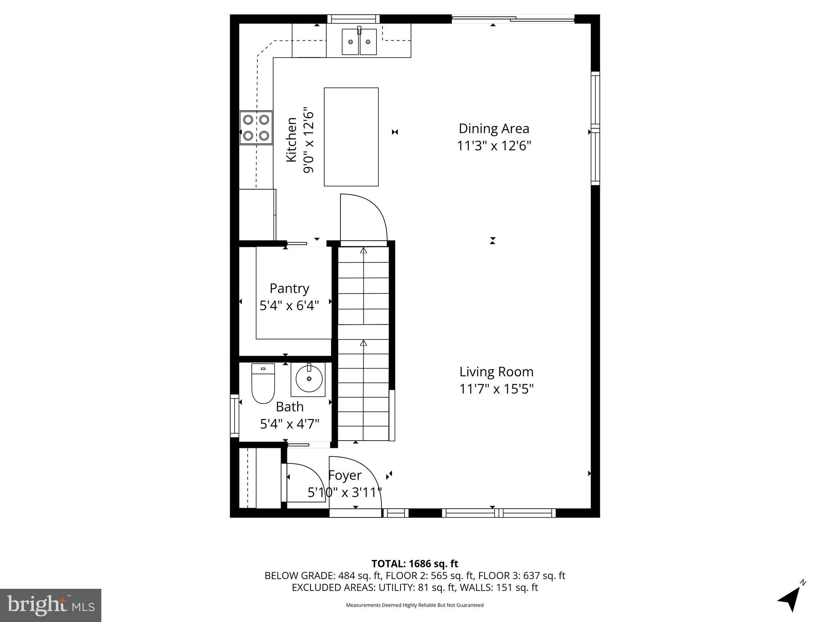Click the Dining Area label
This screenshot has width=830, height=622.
[494, 129]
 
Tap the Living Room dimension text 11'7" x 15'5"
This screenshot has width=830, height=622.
[496, 389]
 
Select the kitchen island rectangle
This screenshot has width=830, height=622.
[351, 137]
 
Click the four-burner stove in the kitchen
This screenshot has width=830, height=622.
[256, 128]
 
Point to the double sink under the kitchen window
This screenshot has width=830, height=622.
[359, 42]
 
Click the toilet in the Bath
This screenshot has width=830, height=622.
[263, 383]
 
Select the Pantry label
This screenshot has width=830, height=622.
[289, 288]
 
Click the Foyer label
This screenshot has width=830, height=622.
[344, 475]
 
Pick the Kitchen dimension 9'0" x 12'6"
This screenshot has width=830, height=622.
[309, 140]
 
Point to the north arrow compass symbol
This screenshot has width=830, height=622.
[790, 598]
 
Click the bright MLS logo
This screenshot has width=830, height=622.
[51, 605]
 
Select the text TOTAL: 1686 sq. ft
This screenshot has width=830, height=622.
[415, 564]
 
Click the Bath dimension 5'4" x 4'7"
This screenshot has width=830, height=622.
[289, 424]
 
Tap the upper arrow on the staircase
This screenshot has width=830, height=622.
[364, 251]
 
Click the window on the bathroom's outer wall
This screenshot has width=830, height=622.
[234, 415]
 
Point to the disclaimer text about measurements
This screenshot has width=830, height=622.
[415, 605]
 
